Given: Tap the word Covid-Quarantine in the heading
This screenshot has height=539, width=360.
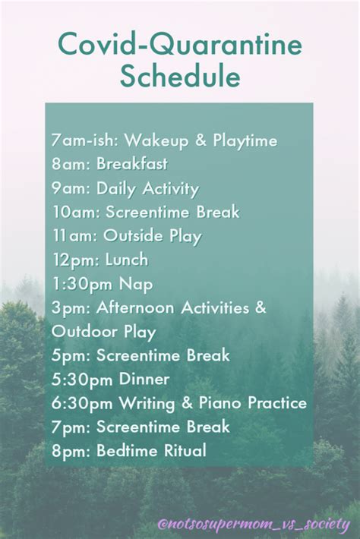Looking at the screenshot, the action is click(180, 45).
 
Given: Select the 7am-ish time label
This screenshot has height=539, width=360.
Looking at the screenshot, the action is click(84, 140).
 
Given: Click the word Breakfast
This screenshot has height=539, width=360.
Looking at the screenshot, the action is click(132, 164).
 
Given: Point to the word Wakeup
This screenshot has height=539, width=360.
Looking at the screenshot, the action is click(156, 141).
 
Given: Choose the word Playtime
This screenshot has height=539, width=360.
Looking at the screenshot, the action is click(245, 141).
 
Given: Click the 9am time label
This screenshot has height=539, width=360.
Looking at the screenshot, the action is click(71, 188).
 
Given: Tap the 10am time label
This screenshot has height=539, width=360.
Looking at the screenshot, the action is click(77, 212).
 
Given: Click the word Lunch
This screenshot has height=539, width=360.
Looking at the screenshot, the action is click(127, 260).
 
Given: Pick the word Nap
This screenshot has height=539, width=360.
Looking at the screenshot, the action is click(136, 285).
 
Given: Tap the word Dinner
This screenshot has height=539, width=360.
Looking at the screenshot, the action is click(144, 379).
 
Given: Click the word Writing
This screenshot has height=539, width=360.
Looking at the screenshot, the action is click(147, 404).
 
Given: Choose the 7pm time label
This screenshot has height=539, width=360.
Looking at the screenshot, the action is click(71, 427).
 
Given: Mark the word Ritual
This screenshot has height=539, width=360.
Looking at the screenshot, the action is click(185, 450).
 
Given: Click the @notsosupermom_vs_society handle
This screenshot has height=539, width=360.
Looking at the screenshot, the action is click(254, 525).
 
